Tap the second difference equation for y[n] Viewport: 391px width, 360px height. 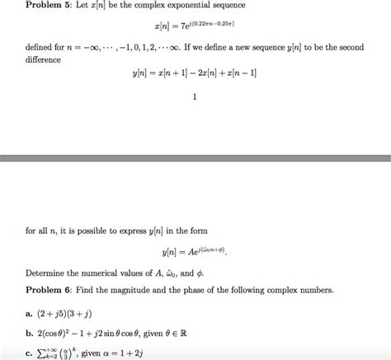coord(194,74)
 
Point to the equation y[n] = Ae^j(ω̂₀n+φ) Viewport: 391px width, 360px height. coord(194,249)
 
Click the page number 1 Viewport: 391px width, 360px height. coord(194,97)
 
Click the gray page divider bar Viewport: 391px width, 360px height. coord(195,158)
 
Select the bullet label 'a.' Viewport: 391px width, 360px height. coord(29,314)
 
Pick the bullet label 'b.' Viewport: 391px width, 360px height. coord(30,334)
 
